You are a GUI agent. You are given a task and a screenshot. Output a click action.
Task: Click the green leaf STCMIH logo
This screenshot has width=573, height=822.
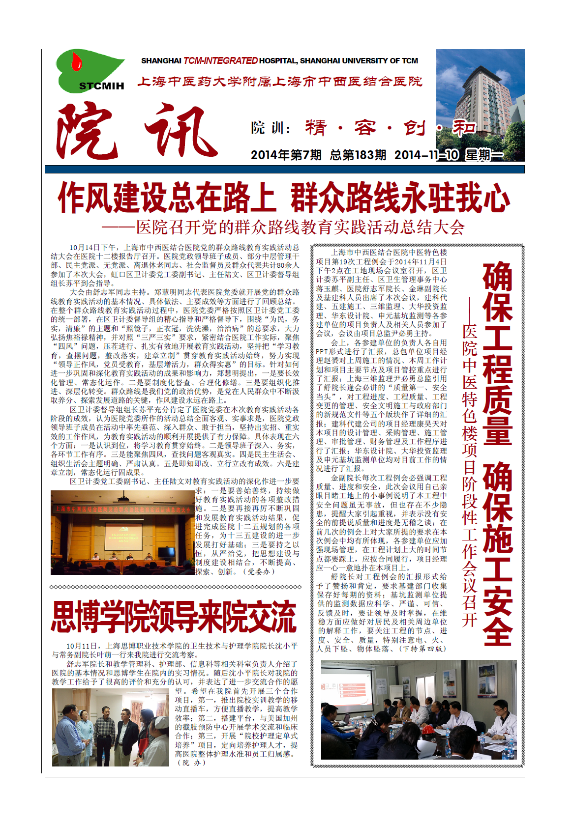[91, 71]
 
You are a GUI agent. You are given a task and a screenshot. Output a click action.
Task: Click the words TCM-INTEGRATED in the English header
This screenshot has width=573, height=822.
[220, 61]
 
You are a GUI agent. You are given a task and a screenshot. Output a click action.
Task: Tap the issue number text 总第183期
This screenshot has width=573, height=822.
[358, 155]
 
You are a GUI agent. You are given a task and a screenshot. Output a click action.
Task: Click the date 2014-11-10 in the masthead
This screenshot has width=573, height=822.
[426, 155]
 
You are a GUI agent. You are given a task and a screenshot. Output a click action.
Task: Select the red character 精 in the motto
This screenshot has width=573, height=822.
[316, 128]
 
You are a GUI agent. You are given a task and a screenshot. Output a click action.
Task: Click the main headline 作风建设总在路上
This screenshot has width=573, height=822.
[166, 198]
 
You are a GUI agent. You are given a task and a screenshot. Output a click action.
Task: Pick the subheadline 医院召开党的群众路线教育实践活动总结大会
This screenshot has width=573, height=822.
[300, 227]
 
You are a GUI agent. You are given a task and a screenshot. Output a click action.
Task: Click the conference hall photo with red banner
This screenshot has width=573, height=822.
[123, 533]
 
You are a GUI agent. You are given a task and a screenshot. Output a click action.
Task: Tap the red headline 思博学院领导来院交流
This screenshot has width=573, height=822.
[174, 617]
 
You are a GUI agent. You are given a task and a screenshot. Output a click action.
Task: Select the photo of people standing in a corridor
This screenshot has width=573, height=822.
[110, 727]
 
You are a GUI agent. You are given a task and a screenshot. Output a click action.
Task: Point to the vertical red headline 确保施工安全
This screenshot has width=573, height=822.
[497, 553]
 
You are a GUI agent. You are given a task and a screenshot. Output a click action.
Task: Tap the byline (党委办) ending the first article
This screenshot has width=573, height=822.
[265, 571]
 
